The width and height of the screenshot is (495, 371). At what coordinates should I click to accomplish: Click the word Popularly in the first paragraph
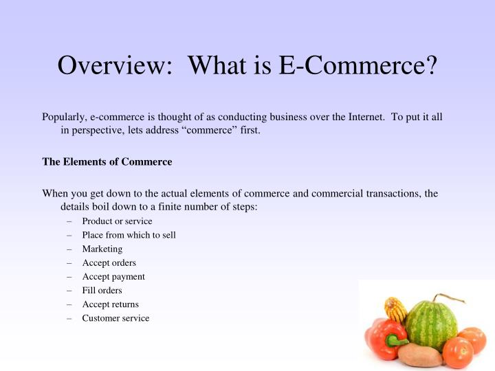(64, 117)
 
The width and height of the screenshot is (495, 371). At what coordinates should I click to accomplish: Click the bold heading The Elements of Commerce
(107, 162)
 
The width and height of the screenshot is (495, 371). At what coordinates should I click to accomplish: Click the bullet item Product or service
(117, 221)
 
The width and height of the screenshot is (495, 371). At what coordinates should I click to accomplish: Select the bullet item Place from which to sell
(129, 235)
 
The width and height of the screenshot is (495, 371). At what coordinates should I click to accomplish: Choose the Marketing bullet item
(102, 249)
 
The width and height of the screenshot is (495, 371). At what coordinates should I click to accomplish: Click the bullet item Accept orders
(109, 262)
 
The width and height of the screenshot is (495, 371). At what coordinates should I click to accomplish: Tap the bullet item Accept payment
(113, 276)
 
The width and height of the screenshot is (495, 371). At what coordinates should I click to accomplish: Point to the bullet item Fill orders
(102, 290)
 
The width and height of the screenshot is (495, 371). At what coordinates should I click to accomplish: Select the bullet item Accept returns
(110, 304)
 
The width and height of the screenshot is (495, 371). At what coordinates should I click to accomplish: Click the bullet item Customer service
(115, 318)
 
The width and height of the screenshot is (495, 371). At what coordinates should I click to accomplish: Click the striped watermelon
(432, 324)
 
